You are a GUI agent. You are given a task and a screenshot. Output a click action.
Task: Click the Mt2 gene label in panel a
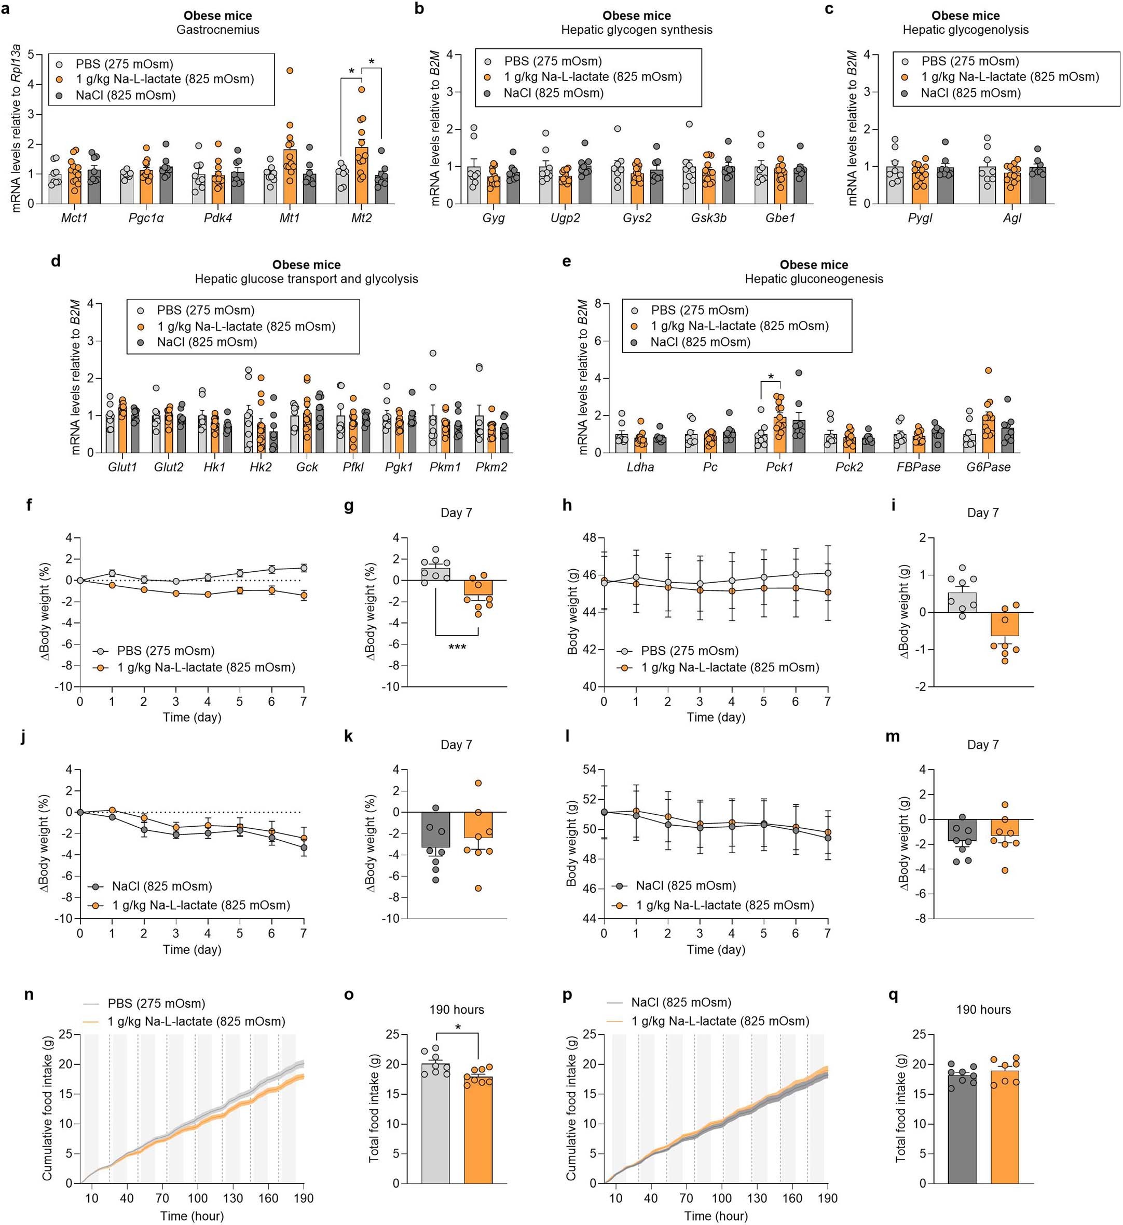pyautogui.click(x=361, y=218)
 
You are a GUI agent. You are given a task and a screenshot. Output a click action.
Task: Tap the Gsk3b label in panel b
pyautogui.click(x=708, y=218)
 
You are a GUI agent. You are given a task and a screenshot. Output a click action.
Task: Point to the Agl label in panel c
pyautogui.click(x=1012, y=218)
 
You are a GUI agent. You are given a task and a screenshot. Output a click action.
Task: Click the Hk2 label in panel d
pyautogui.click(x=260, y=467)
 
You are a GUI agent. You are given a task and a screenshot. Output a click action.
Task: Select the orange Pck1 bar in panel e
pyautogui.click(x=779, y=435)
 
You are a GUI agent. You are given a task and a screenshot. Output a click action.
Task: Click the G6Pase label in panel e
pyautogui.click(x=988, y=467)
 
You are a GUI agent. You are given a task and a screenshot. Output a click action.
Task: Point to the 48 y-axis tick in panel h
pyautogui.click(x=589, y=537)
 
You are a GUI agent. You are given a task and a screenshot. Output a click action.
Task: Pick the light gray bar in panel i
pyautogui.click(x=962, y=602)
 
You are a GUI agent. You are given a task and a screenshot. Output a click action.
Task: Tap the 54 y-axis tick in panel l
pyautogui.click(x=589, y=770)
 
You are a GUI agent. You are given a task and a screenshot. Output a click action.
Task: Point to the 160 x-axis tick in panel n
pyautogui.click(x=268, y=1197)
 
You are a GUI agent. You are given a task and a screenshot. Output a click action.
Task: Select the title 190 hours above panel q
pyautogui.click(x=983, y=1010)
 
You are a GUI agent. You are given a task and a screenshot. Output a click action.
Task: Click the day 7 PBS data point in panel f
pyautogui.click(x=303, y=568)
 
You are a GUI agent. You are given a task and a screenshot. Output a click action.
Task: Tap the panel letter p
pyautogui.click(x=567, y=995)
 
